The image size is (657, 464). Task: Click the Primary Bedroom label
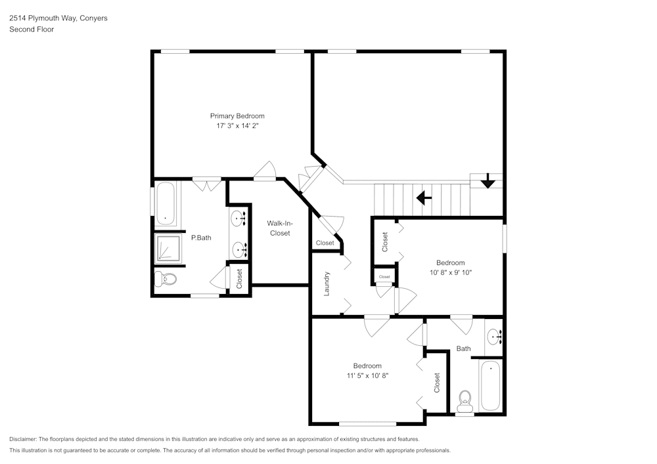pyautogui.click(x=237, y=116)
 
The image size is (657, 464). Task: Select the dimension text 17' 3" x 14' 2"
pyautogui.click(x=237, y=126)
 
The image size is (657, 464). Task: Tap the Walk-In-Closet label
pyautogui.click(x=279, y=228)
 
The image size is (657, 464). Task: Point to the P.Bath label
pyautogui.click(x=201, y=238)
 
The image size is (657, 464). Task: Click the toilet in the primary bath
pyautogui.click(x=166, y=280)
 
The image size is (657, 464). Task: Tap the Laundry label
pyautogui.click(x=327, y=284)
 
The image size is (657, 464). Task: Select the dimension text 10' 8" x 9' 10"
pyautogui.click(x=451, y=272)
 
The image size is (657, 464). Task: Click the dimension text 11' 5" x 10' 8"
pyautogui.click(x=367, y=375)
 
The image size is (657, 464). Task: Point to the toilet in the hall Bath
pyautogui.click(x=465, y=398)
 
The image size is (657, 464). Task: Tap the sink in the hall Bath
pyautogui.click(x=494, y=337)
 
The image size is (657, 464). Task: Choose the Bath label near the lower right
pyautogui.click(x=463, y=348)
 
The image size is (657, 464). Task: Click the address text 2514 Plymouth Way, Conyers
pyautogui.click(x=58, y=18)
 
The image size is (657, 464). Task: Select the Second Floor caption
pyautogui.click(x=32, y=30)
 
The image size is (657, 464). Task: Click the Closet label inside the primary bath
pyautogui.click(x=239, y=279)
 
